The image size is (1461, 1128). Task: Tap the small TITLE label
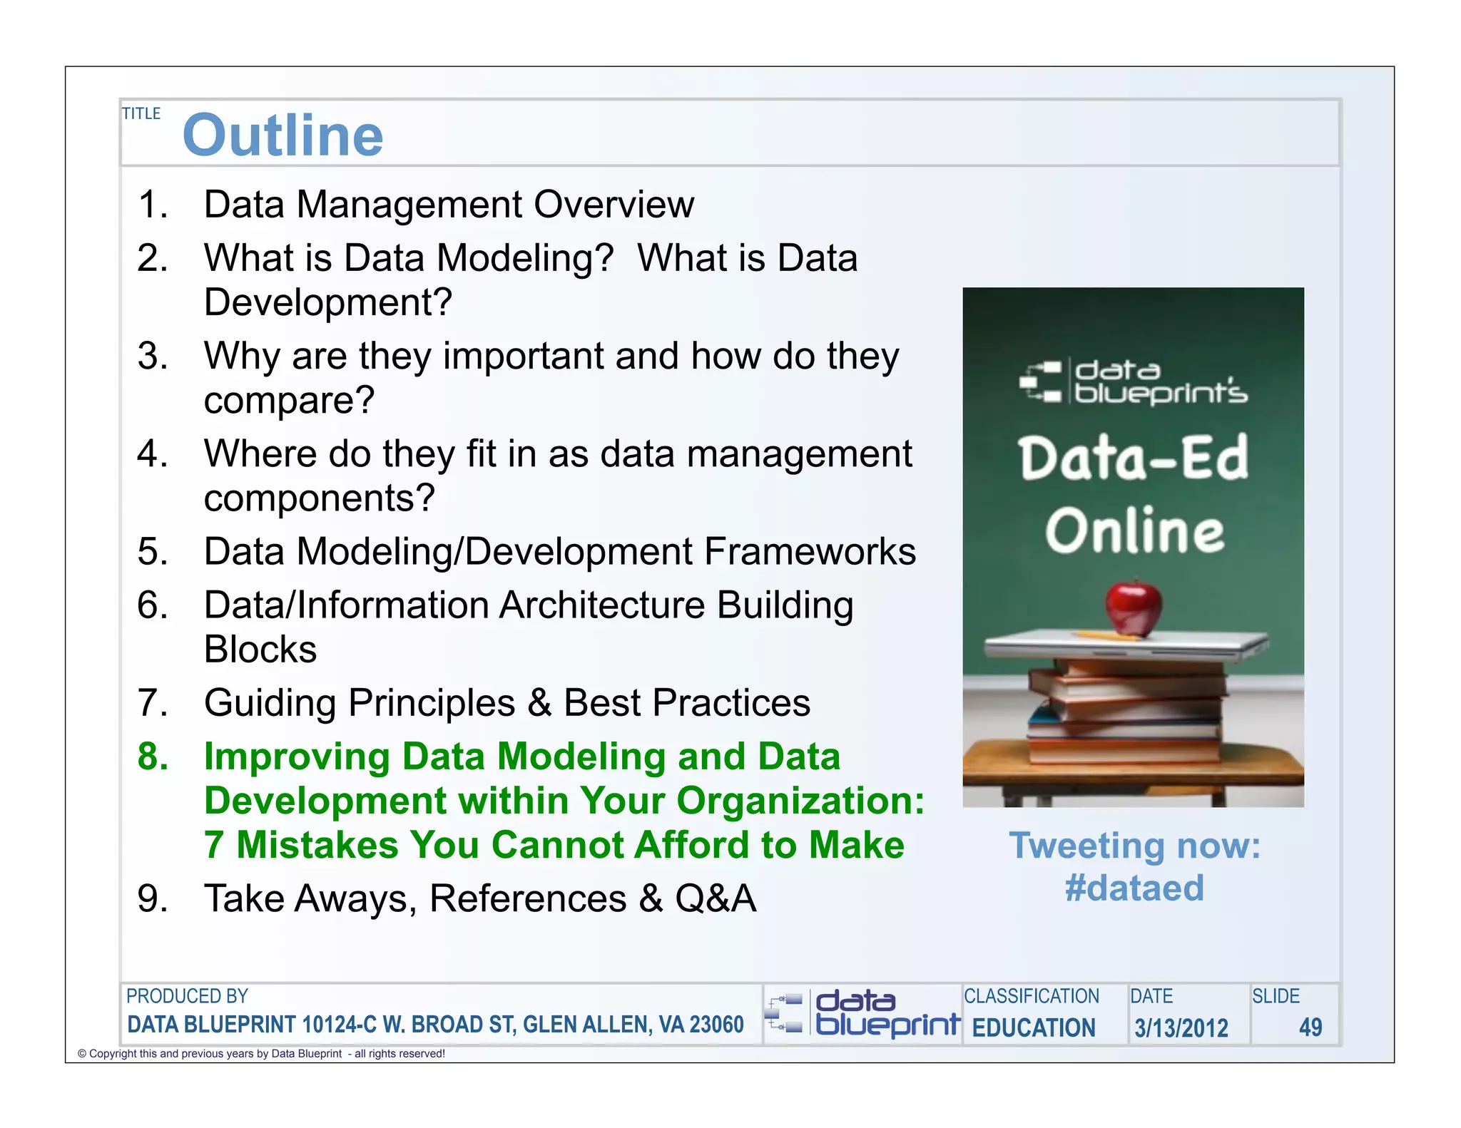141,114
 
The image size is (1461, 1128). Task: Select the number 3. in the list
153,356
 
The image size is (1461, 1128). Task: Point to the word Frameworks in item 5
810,552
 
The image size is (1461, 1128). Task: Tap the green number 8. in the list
153,757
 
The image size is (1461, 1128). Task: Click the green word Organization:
800,801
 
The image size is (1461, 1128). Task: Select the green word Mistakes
317,846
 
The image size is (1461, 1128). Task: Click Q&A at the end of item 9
716,898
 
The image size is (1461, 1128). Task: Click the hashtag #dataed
1134,888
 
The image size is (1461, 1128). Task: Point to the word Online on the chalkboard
1134,531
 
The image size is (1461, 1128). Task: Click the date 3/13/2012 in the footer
1181,1028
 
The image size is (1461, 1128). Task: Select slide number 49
1310,1027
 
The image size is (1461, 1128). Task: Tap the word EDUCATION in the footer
1034,1028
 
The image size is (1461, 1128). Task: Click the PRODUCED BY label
187,996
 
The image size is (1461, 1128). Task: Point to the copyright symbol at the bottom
82,1054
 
